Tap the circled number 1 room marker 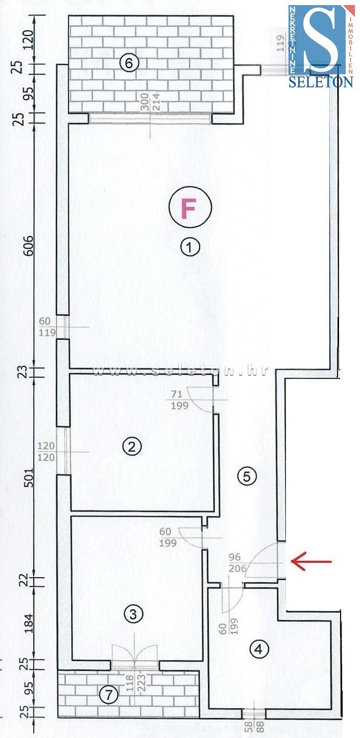[190, 247]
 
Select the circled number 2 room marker [132, 447]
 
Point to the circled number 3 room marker [133, 621]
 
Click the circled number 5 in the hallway [247, 476]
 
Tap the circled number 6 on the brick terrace [129, 63]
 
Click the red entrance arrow [311, 560]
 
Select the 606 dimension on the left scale [29, 245]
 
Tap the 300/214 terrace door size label [150, 103]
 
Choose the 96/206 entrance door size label [237, 562]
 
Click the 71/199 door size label [180, 399]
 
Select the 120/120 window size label [46, 451]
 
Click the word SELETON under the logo [321, 82]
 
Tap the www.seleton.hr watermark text [180, 371]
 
